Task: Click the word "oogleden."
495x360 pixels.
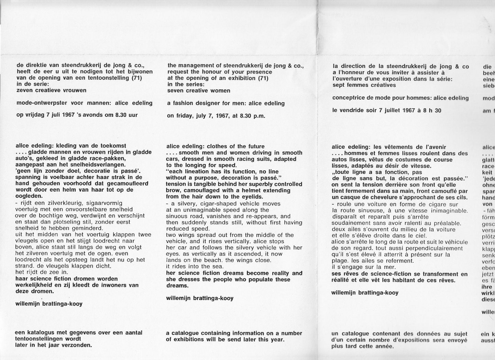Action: pos(29,196)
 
